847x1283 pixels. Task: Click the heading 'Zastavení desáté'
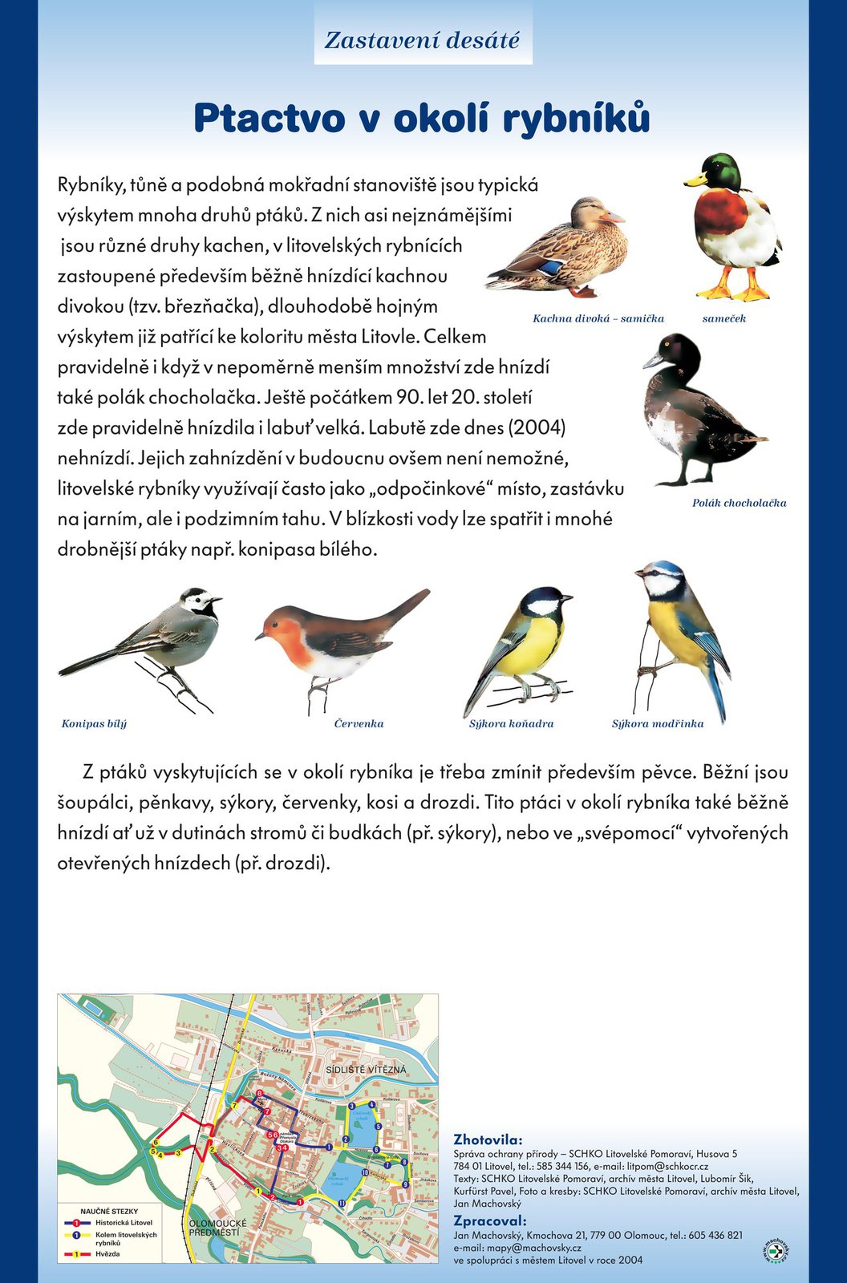click(x=422, y=39)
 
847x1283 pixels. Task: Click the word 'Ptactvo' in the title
click(x=268, y=118)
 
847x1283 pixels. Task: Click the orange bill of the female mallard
click(x=613, y=217)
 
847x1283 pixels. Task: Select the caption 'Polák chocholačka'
click(x=739, y=503)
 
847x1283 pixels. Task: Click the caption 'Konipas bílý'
click(x=94, y=723)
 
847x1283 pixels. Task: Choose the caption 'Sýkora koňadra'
click(x=511, y=723)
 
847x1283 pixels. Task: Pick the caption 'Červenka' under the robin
click(x=359, y=723)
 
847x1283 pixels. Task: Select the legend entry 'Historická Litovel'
click(x=124, y=1222)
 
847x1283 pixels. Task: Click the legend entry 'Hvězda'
click(x=107, y=1253)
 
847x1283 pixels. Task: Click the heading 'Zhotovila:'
click(x=488, y=1139)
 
